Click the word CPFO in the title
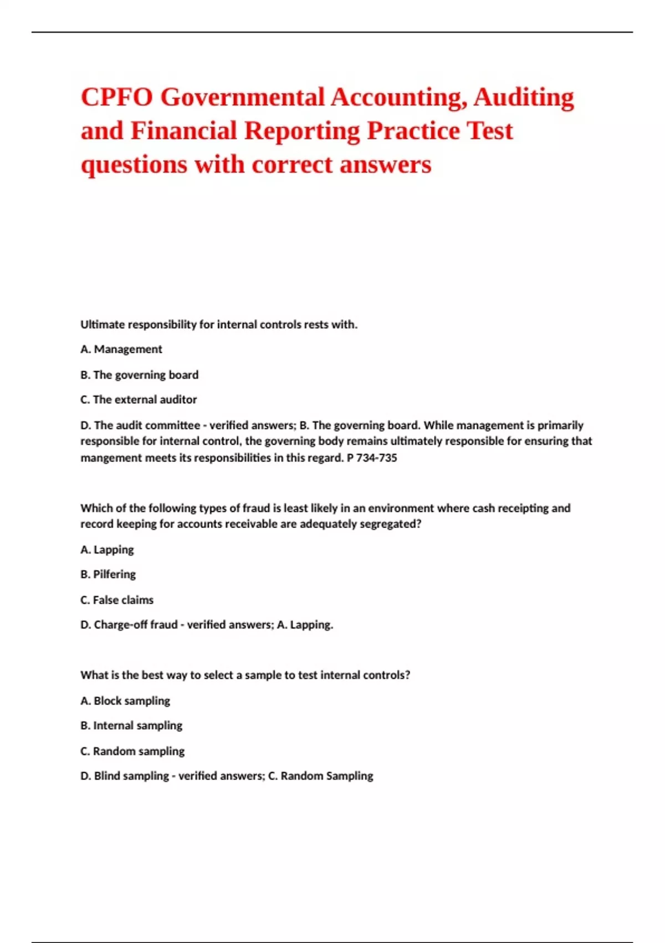[x=117, y=98]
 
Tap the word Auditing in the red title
[x=523, y=98]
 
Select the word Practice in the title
[x=413, y=131]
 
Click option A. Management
[x=121, y=349]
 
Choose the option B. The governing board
[x=139, y=375]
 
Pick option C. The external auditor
[x=139, y=400]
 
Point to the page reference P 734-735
[x=372, y=458]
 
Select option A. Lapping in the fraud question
[x=107, y=550]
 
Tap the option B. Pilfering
[x=108, y=575]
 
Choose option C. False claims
[x=117, y=600]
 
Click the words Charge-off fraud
[x=136, y=625]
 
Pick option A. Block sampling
[x=125, y=701]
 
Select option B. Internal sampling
[x=131, y=726]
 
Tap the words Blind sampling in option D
[x=131, y=776]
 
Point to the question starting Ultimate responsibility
[x=219, y=325]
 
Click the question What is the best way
[x=245, y=675]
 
